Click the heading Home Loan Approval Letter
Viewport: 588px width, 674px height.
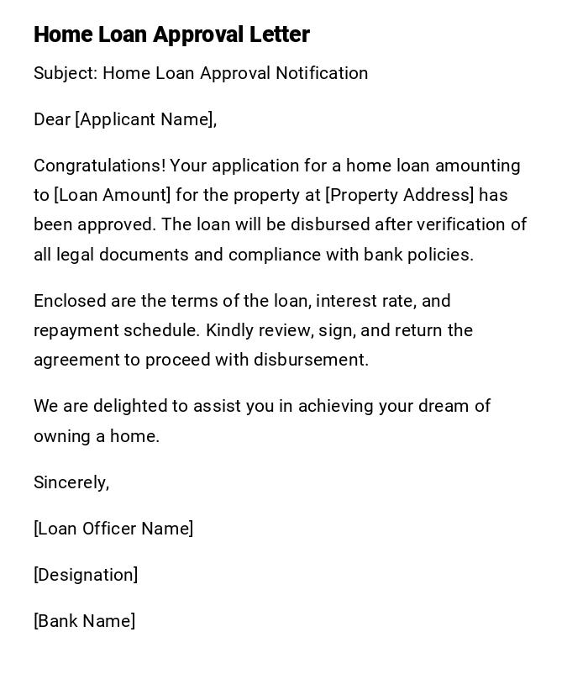coord(171,34)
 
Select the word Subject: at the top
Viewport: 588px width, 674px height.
coord(66,73)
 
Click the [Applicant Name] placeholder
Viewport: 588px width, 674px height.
coord(144,119)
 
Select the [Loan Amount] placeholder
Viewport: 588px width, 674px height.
coord(113,195)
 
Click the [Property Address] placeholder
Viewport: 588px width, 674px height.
coord(400,195)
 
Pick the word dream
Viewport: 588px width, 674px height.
coord(434,406)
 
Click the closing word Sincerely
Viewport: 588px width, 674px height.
coord(71,482)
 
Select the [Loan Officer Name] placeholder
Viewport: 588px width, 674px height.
coord(113,529)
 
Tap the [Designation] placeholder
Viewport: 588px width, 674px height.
coord(86,575)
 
